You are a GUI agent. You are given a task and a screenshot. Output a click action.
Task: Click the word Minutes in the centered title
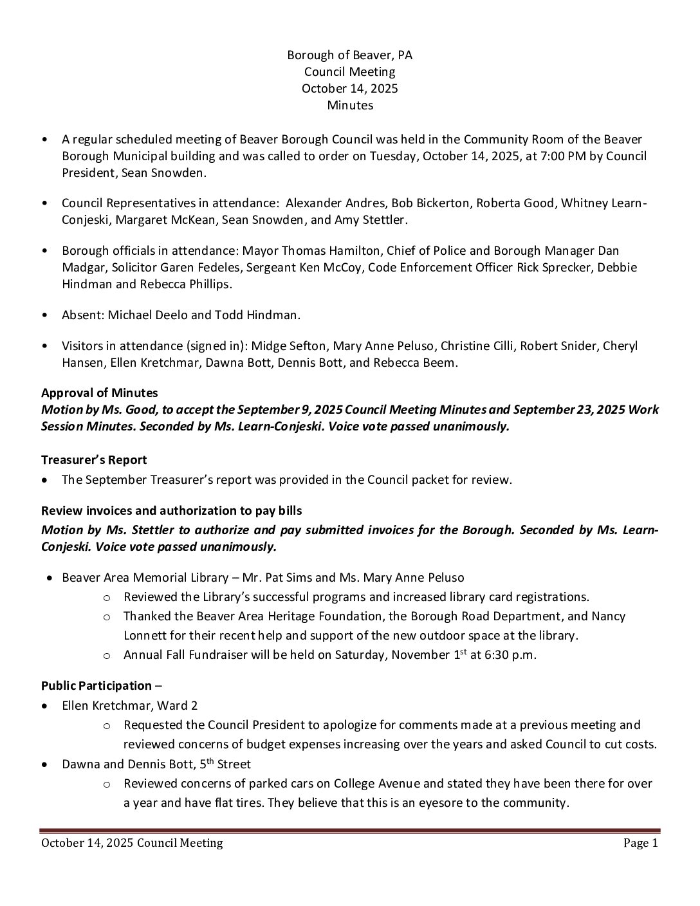(x=349, y=105)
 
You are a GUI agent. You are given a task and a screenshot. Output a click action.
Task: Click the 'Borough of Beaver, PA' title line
(x=349, y=55)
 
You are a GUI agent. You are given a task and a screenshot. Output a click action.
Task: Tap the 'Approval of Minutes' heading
(x=99, y=393)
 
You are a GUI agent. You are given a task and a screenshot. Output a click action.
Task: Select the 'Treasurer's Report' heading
(x=94, y=459)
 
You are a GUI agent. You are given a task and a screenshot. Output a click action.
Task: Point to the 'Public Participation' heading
(x=97, y=685)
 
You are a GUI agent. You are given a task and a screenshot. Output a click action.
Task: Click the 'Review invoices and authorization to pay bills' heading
(x=171, y=510)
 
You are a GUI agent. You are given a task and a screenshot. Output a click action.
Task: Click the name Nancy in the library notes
(x=608, y=616)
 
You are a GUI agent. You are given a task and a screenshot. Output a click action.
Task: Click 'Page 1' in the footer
(x=640, y=843)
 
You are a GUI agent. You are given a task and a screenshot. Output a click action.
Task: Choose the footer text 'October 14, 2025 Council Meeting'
(x=132, y=843)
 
